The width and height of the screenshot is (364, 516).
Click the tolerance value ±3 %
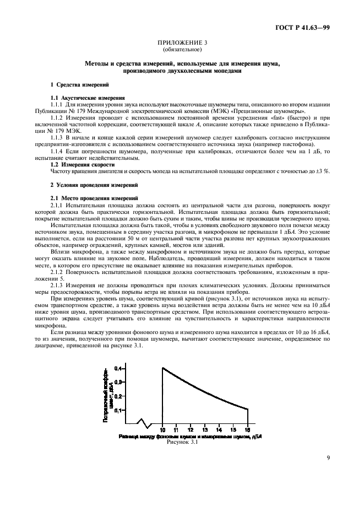(323, 171)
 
